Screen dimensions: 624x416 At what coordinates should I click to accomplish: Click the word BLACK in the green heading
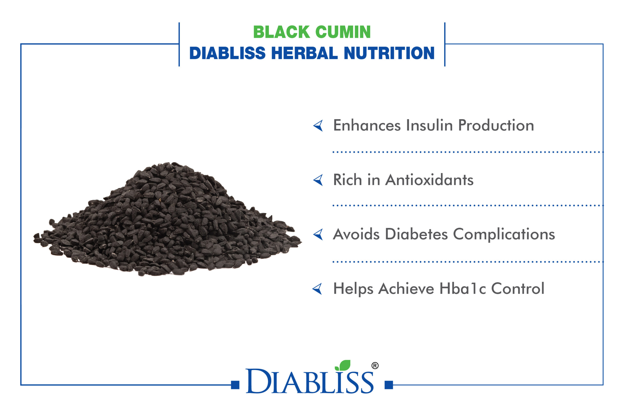(282, 32)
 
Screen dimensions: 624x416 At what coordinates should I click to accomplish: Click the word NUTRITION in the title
(389, 53)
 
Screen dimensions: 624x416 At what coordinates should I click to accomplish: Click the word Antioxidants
(429, 180)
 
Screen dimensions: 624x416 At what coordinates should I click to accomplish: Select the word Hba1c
(463, 288)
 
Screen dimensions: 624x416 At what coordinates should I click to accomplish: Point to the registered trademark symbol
(375, 366)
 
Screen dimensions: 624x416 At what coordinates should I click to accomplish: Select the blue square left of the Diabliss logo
(235, 385)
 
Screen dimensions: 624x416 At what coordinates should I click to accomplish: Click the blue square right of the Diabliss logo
(389, 385)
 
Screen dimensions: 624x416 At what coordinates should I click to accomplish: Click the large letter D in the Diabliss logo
(258, 381)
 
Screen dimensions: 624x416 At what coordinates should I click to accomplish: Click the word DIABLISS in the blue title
(227, 53)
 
